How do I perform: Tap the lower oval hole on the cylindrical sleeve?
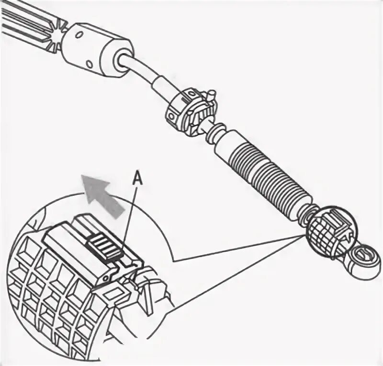click(90, 63)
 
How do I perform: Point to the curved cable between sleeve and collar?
click(144, 72)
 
